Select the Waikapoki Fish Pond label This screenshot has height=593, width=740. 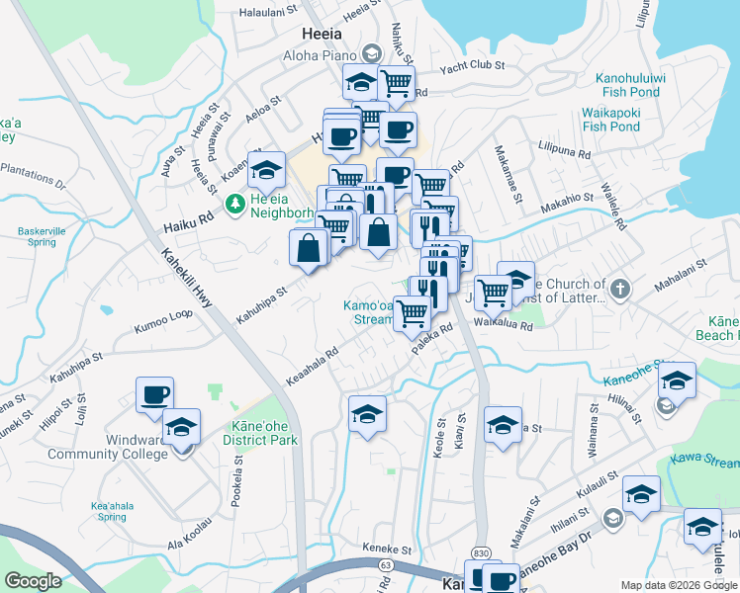[x=610, y=120]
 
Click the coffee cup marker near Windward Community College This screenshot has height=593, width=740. [x=154, y=394]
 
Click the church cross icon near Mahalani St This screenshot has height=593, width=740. [x=619, y=290]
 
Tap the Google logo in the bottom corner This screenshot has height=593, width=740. [x=33, y=581]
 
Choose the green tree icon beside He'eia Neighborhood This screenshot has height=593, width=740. [x=234, y=205]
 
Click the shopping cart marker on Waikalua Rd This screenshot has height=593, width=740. [x=493, y=292]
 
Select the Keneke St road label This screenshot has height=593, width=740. [x=386, y=550]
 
